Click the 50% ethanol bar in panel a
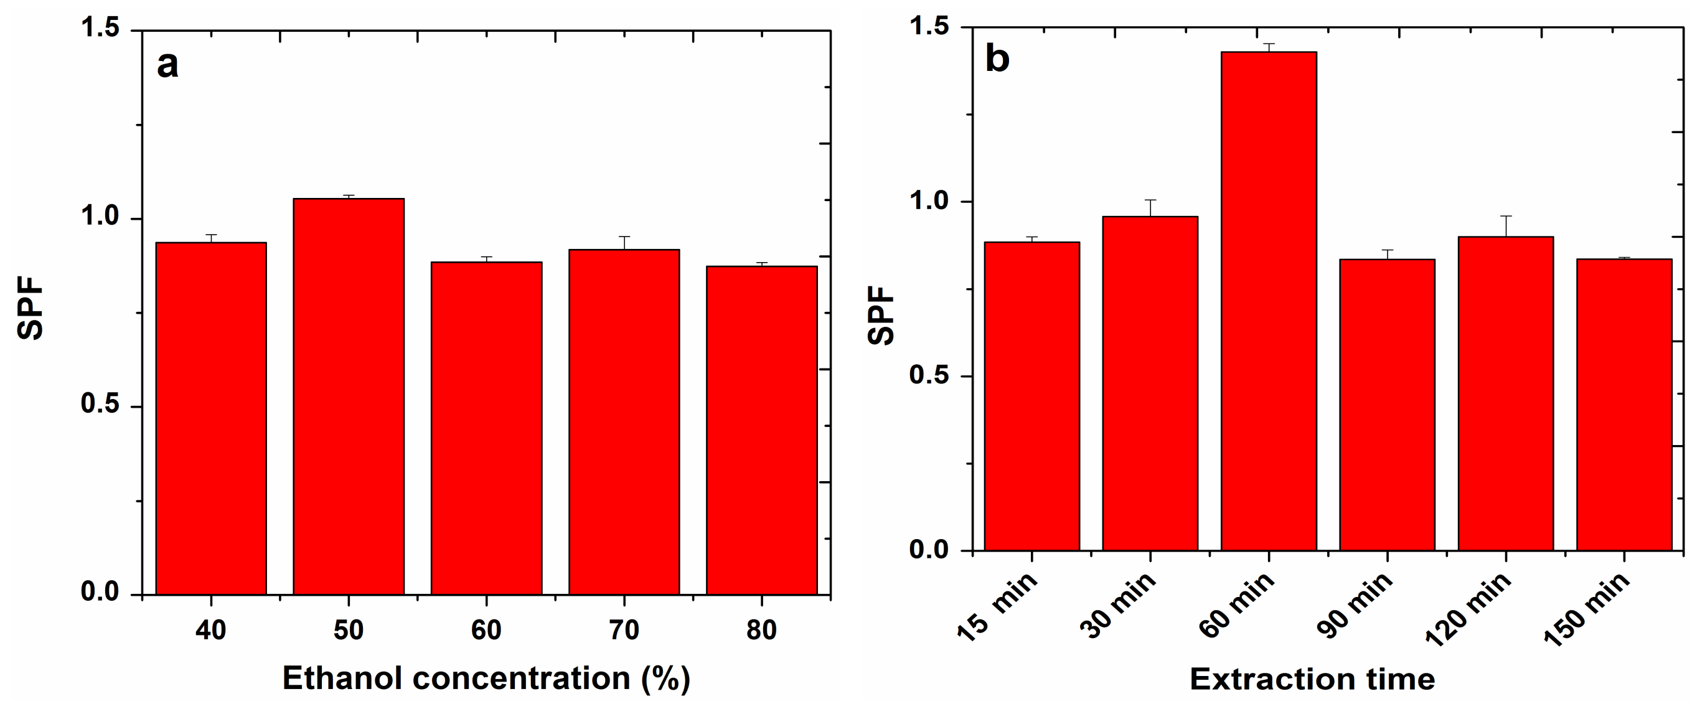click(x=349, y=397)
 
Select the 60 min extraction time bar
click(x=1268, y=301)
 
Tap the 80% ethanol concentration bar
click(x=761, y=430)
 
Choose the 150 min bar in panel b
click(x=1623, y=405)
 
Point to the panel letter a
click(x=167, y=65)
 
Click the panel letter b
click(x=997, y=59)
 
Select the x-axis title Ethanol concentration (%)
click(x=487, y=678)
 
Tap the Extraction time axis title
click(x=1312, y=679)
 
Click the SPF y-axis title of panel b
click(x=881, y=315)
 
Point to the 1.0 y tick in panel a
click(x=99, y=217)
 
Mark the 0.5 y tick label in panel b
click(x=929, y=375)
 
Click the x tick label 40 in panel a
click(x=210, y=629)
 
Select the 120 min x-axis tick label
click(x=1468, y=611)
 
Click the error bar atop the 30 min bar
click(x=1150, y=207)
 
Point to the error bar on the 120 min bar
click(x=1506, y=225)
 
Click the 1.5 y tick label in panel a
click(x=99, y=29)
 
